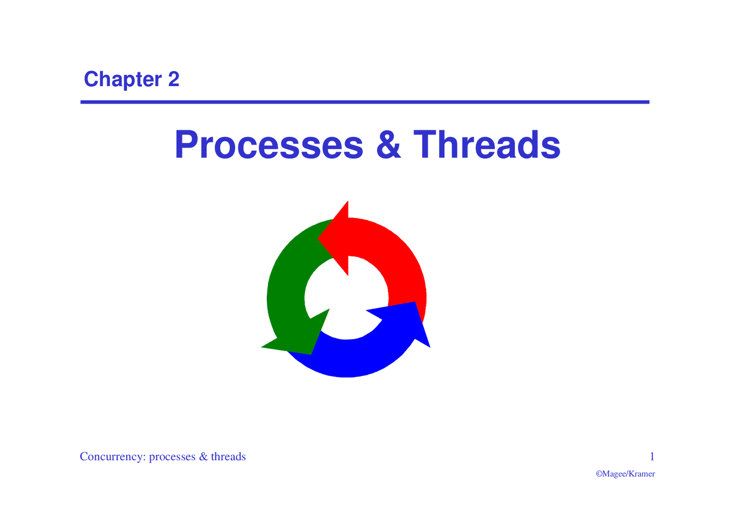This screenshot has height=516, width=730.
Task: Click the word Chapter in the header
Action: [123, 79]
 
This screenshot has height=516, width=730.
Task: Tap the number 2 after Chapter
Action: [173, 79]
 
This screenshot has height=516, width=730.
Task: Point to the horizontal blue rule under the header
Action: [365, 102]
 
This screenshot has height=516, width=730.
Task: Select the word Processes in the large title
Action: [269, 145]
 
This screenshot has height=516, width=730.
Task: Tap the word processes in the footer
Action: [172, 457]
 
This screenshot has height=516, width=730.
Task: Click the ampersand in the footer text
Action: [203, 457]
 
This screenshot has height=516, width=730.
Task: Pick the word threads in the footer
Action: [228, 457]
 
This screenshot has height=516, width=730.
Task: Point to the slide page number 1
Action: [652, 456]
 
